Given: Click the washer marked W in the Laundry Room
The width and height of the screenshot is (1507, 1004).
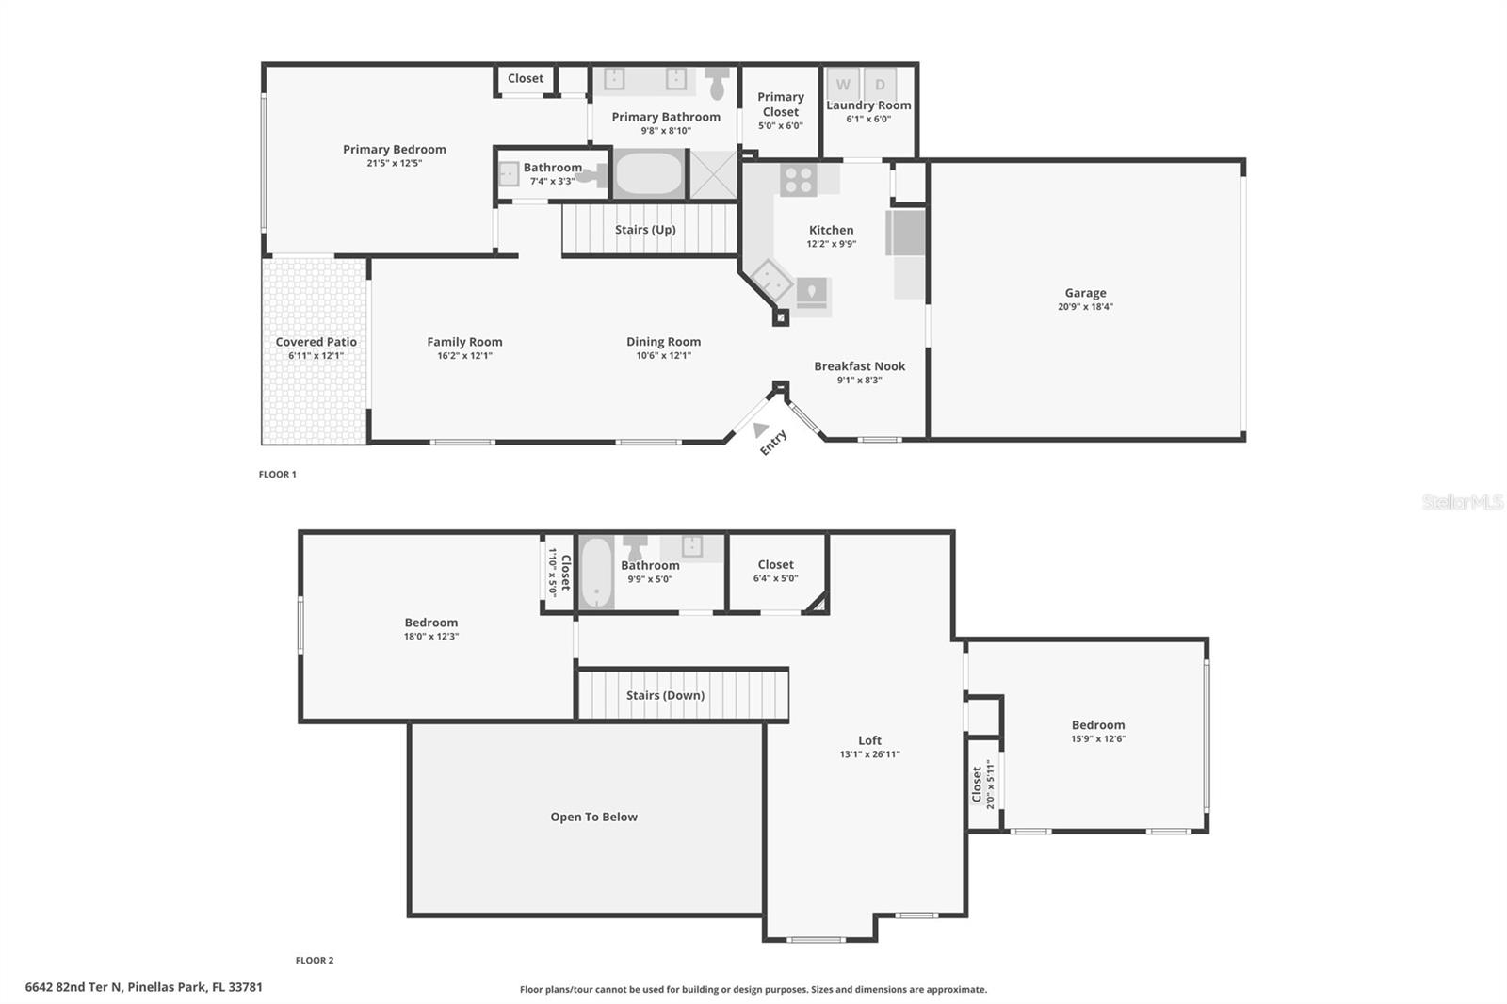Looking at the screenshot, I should click(x=843, y=85).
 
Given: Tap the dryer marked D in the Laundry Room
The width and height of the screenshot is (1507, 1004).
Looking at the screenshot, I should click(x=880, y=85).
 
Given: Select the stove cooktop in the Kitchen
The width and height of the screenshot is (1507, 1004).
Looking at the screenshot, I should click(x=798, y=180).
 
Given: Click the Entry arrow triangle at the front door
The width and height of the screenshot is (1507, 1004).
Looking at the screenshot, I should click(x=760, y=429).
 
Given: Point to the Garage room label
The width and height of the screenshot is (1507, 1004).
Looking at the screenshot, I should click(x=1085, y=293).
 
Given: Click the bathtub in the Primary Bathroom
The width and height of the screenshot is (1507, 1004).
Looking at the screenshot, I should click(x=649, y=173).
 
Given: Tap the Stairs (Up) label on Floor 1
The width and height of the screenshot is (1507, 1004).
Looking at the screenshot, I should click(x=645, y=230).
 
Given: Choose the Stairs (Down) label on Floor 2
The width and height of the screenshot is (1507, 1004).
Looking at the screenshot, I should click(x=665, y=695).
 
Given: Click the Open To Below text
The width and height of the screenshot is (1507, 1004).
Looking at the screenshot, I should click(x=593, y=817).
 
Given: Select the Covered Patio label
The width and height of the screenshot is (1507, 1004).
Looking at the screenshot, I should click(x=316, y=342).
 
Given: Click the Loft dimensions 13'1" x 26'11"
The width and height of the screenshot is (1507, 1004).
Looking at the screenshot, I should click(x=869, y=754).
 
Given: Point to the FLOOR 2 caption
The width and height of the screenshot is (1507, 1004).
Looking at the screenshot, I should click(x=315, y=961).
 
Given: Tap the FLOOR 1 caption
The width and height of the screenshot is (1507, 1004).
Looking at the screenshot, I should click(x=278, y=475).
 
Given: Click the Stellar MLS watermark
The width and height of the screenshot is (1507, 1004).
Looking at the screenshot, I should click(x=1462, y=502).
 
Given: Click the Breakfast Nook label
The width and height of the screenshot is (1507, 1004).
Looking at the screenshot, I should click(x=859, y=366).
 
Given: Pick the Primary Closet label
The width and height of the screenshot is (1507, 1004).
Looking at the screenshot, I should click(x=781, y=104).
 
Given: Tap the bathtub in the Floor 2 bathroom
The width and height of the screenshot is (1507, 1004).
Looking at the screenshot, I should click(x=596, y=573).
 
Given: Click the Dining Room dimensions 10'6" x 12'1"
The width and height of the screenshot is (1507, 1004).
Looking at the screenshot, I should click(x=663, y=356).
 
